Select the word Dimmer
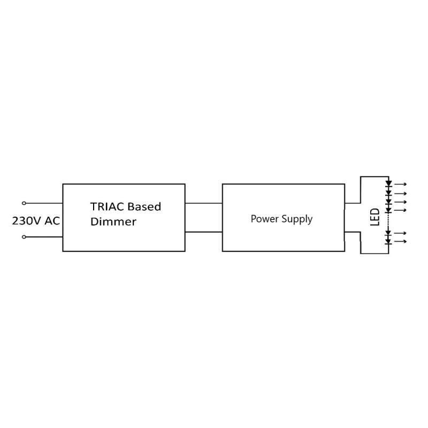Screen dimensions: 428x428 point(113,221)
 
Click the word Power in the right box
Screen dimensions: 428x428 point(263,219)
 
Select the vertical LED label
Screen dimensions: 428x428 point(375,217)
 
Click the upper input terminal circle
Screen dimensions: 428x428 point(24,203)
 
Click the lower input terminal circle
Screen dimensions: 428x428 point(24,236)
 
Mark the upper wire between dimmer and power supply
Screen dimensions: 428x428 point(203,203)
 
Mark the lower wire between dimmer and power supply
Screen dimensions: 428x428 point(203,232)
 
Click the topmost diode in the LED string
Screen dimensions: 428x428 point(389,184)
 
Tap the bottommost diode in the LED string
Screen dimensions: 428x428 point(389,242)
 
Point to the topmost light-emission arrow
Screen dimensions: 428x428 point(401,185)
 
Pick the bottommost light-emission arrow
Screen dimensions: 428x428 point(401,242)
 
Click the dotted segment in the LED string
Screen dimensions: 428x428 point(389,221)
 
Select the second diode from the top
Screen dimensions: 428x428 point(389,193)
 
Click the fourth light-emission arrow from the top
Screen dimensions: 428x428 point(401,210)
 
